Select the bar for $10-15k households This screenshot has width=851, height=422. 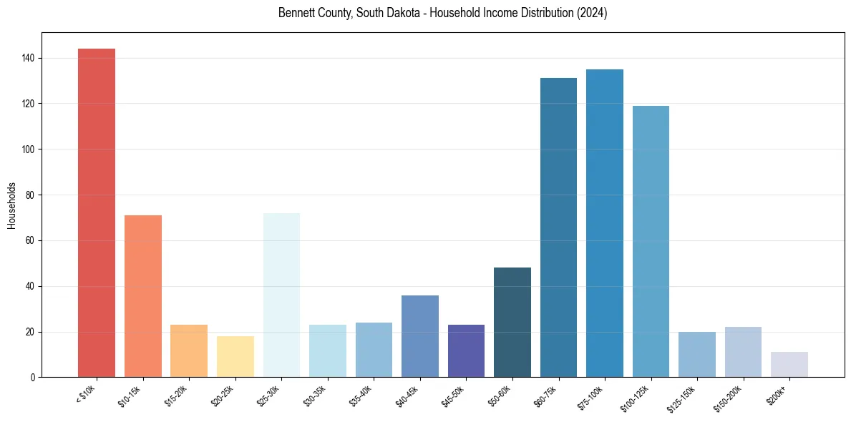pos(143,296)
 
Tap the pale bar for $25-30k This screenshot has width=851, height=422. pos(281,295)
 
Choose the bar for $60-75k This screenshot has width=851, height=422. pos(558,227)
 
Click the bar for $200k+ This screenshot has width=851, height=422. pos(789,364)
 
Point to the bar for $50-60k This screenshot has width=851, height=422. pos(512,323)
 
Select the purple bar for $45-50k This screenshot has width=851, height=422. pos(466,351)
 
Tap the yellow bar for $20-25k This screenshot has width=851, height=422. pos(235,356)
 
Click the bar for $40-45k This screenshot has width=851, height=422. pos(420,336)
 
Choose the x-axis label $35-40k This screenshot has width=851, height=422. pos(364,396)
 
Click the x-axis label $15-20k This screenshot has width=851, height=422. pos(179,396)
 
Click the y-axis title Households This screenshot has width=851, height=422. pos(12,205)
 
